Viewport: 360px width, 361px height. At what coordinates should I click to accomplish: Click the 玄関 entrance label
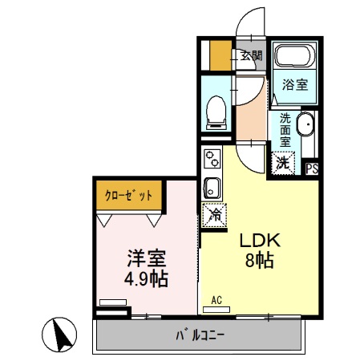251,55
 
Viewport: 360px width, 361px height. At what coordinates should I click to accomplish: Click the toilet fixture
215,110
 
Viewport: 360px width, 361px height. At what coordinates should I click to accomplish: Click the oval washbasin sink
305,128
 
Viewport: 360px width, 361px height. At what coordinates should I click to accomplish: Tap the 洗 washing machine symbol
282,162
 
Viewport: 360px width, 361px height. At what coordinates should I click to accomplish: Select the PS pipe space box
313,168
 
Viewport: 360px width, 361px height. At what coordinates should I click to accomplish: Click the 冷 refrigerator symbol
214,215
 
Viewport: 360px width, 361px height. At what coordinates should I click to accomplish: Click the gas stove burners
211,157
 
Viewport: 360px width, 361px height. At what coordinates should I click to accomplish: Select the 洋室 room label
146,259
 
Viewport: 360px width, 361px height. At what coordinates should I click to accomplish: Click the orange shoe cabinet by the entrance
219,55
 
